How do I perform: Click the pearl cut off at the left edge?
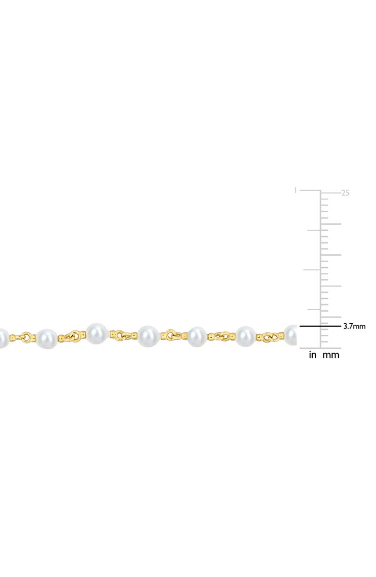click(x=3, y=336)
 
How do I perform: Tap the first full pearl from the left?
click(x=47, y=339)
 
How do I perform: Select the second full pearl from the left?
click(x=96, y=333)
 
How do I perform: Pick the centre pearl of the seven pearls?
click(x=148, y=336)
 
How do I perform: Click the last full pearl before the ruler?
click(x=245, y=336)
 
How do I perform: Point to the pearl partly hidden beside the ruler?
click(x=291, y=335)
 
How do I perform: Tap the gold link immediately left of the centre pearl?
click(x=122, y=334)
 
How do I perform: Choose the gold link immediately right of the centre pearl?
click(x=173, y=334)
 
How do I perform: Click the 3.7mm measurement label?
click(x=354, y=327)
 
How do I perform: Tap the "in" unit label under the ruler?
click(x=312, y=356)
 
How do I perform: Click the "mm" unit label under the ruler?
click(x=331, y=356)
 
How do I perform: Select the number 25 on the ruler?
click(x=345, y=193)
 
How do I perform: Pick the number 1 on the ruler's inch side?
click(x=295, y=190)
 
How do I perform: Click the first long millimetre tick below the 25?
click(x=331, y=224)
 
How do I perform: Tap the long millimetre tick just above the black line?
click(x=331, y=317)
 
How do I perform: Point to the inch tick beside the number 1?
click(x=310, y=190)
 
